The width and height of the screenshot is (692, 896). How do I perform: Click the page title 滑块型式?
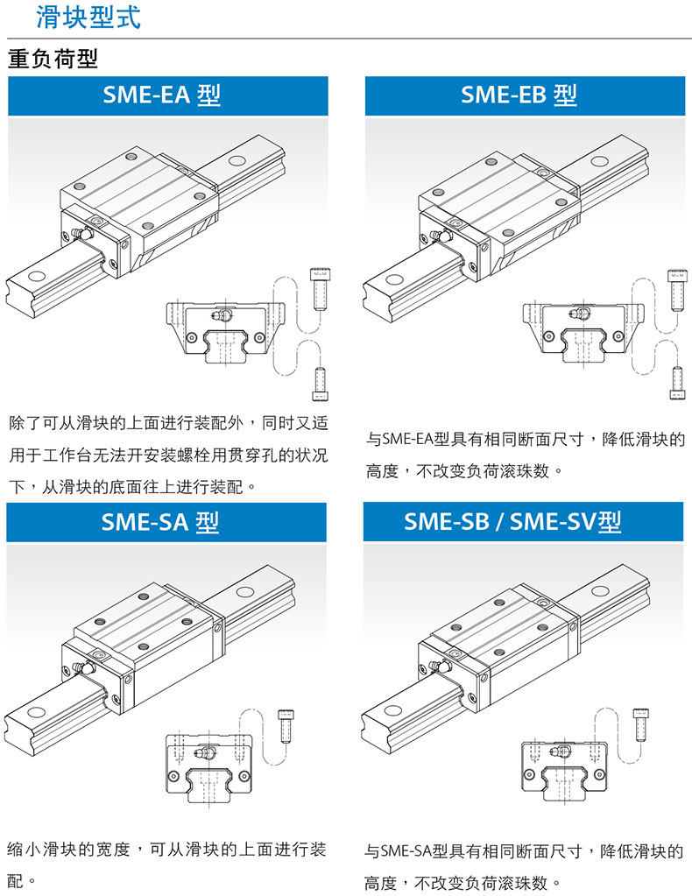tap(88, 18)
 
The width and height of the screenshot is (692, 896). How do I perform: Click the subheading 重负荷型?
tap(53, 60)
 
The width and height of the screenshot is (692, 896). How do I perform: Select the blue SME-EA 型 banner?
tap(167, 95)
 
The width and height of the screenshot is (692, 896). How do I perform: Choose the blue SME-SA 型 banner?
tap(166, 522)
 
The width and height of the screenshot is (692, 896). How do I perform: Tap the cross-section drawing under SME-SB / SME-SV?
tap(565, 765)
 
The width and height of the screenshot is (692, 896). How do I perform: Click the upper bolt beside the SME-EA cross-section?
tap(319, 288)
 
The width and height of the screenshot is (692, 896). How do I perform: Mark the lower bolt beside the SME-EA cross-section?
tap(320, 384)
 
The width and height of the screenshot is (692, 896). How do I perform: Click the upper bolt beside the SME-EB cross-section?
tap(676, 290)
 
